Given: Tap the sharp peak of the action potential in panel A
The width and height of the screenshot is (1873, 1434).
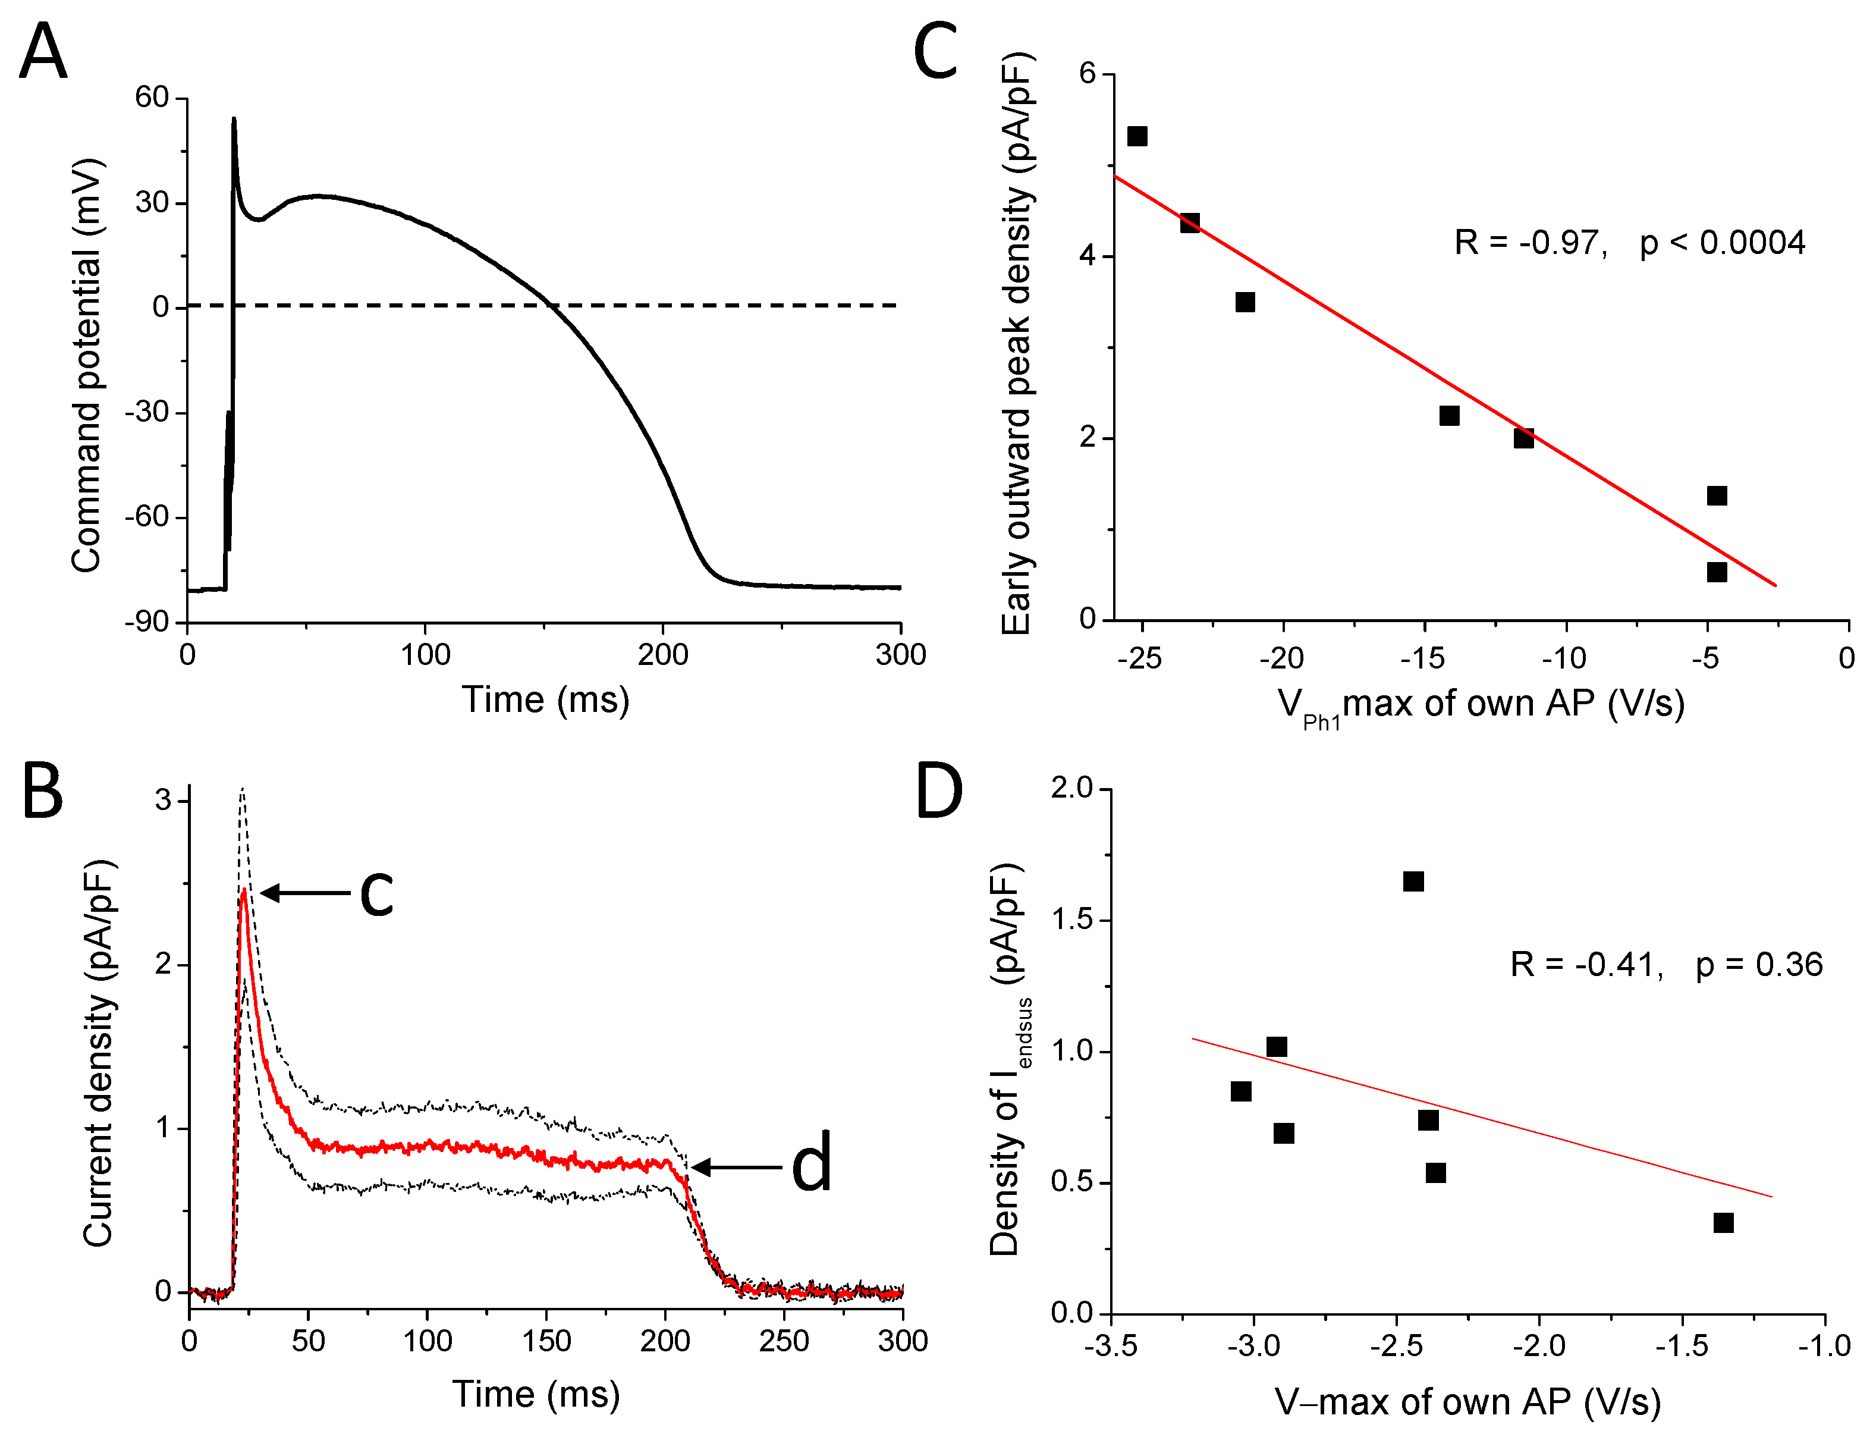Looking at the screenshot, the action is [x=234, y=118].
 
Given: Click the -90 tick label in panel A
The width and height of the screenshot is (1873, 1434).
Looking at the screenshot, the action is [x=147, y=622].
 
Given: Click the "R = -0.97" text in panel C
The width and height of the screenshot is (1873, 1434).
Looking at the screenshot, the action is [x=1530, y=243].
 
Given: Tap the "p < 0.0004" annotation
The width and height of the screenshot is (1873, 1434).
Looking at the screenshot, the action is [x=1722, y=243].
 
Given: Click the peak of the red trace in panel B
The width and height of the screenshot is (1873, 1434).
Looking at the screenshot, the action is [x=244, y=890].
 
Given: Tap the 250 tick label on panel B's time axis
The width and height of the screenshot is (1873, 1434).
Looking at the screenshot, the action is [x=783, y=1341].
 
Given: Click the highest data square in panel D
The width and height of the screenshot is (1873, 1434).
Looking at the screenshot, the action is [x=1413, y=881].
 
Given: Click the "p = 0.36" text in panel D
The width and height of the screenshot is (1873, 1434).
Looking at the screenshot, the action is [x=1759, y=965].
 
